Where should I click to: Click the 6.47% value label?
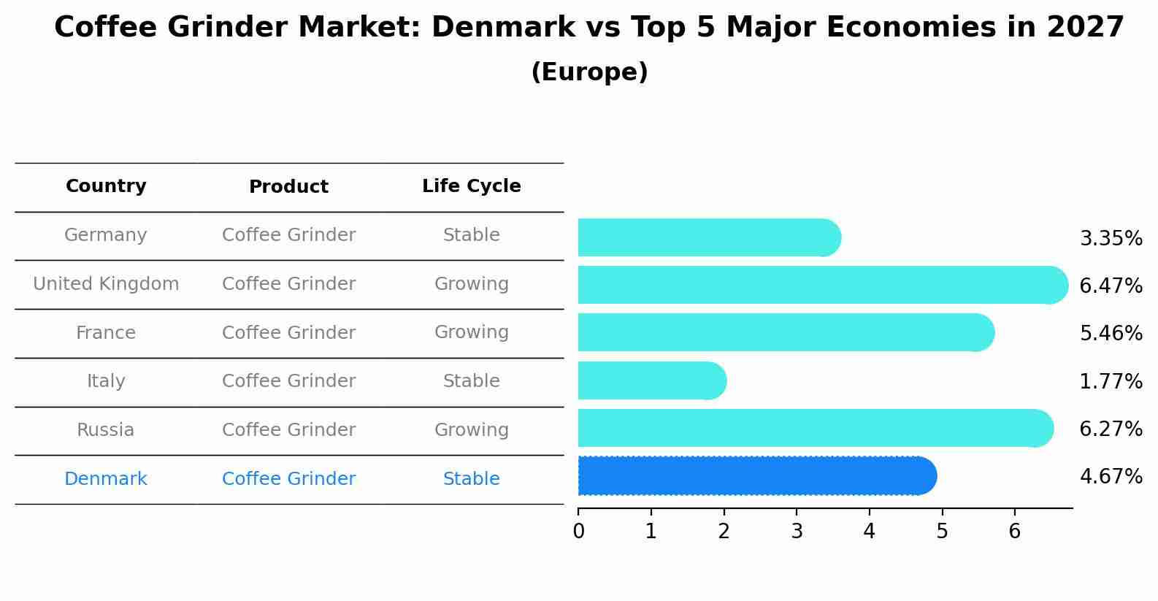point(1111,286)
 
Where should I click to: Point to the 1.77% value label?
point(1111,382)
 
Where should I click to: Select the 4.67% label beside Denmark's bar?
point(1111,477)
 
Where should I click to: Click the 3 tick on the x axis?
point(797,532)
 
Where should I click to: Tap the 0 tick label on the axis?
point(579,532)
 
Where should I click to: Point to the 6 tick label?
point(1014,532)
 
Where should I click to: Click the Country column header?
point(106,186)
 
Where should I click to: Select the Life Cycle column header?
point(471,186)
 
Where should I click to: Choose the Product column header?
point(288,187)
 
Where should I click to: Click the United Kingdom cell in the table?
point(106,284)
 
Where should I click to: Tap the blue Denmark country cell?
point(106,479)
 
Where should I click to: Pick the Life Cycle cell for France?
point(471,332)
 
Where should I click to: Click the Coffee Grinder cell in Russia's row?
point(288,430)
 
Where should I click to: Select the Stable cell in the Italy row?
point(471,381)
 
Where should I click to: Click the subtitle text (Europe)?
point(589,72)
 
